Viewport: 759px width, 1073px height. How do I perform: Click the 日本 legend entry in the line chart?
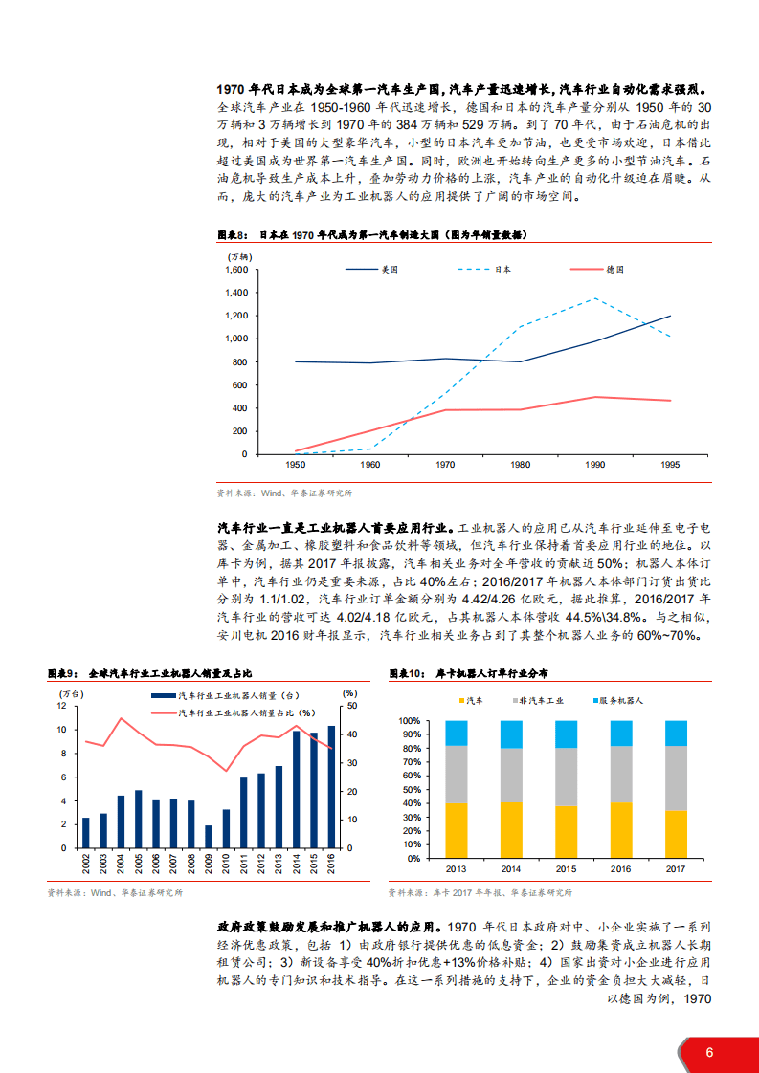pos(502,270)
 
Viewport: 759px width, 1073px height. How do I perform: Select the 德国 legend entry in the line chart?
pos(614,270)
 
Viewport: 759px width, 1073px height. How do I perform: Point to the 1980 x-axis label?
pos(520,464)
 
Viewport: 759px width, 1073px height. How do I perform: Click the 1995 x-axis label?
pos(671,464)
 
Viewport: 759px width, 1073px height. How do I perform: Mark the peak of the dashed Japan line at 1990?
pos(595,298)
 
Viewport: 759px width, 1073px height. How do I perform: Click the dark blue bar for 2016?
pos(332,787)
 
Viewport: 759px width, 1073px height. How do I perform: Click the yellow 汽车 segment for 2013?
pos(457,831)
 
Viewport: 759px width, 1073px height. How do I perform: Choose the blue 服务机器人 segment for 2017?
pos(676,733)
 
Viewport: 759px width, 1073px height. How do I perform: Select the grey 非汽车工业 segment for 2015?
pos(567,777)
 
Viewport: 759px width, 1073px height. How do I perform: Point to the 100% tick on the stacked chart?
pos(410,720)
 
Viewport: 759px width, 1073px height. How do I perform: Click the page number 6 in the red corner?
pos(709,1052)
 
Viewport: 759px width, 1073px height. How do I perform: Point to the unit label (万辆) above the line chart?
pos(238,256)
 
